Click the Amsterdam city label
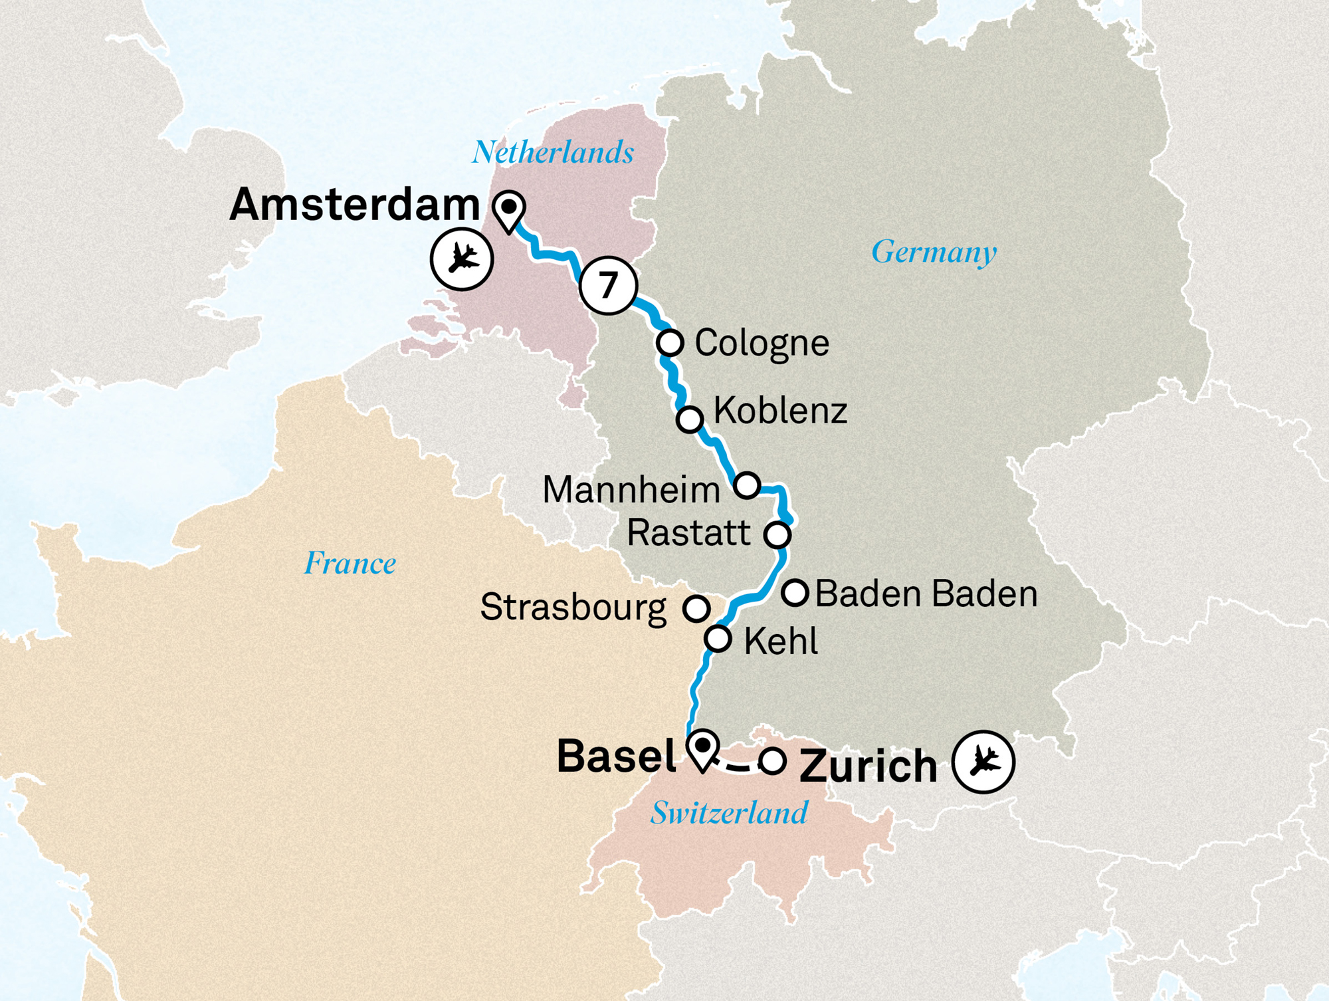[354, 205]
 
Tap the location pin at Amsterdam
[509, 209]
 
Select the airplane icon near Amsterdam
[462, 259]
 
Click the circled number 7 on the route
[608, 285]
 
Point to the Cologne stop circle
[670, 343]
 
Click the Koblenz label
[780, 411]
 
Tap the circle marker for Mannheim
[747, 485]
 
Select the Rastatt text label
[688, 533]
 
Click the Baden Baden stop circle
[795, 592]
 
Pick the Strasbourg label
[573, 608]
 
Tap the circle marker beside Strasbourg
[696, 608]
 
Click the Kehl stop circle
[718, 639]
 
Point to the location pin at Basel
[702, 748]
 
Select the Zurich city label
[868, 766]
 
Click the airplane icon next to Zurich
[983, 762]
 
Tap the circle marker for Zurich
[772, 760]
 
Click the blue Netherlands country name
[553, 153]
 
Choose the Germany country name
[934, 252]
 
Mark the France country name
[350, 564]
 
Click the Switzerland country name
[729, 813]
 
